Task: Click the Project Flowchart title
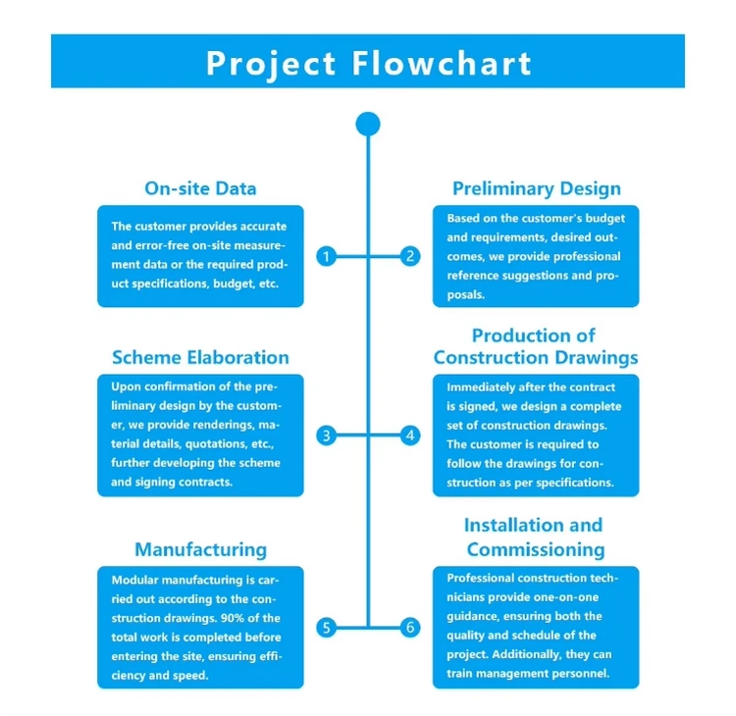click(x=368, y=62)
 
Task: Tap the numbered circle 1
click(x=328, y=256)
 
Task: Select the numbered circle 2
click(x=410, y=256)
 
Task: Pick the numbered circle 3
click(x=328, y=435)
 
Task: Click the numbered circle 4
click(x=410, y=435)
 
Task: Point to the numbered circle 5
click(x=328, y=628)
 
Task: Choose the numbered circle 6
click(x=410, y=628)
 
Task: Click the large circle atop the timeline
click(x=368, y=125)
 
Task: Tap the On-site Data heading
click(x=200, y=188)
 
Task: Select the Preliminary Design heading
click(x=536, y=188)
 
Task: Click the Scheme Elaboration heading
click(x=200, y=358)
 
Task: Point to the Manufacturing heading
click(x=200, y=549)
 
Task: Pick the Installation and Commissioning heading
click(x=535, y=537)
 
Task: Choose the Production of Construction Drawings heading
click(x=535, y=347)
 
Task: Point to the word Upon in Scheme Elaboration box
click(x=126, y=386)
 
